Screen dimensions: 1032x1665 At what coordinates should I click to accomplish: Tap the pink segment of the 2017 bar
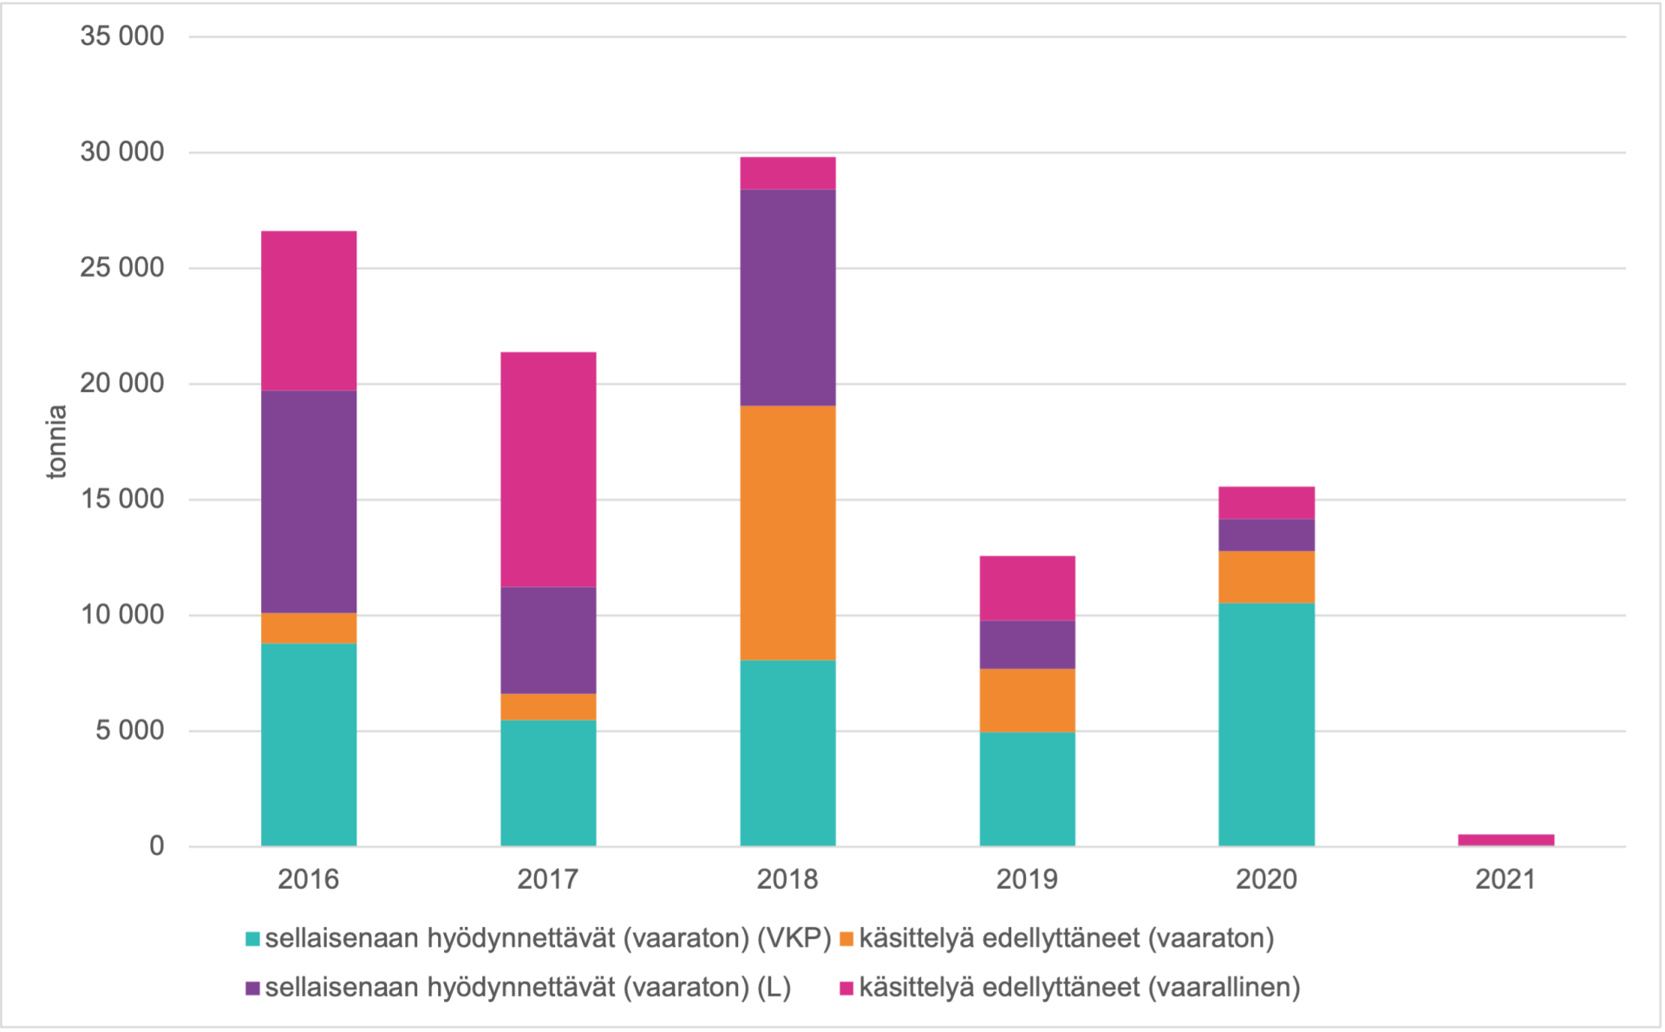(x=548, y=469)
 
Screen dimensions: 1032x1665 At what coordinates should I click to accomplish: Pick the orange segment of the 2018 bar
(x=787, y=532)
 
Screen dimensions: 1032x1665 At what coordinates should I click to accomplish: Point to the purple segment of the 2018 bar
(x=787, y=297)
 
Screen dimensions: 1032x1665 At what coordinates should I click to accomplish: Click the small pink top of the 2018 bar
(x=787, y=173)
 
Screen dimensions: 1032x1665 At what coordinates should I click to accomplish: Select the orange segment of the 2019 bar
(x=1027, y=700)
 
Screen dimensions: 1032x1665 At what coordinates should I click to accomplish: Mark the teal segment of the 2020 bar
(x=1266, y=724)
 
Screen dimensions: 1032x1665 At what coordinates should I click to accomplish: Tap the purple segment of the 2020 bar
(x=1266, y=535)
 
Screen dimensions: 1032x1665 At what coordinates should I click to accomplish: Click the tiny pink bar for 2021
(x=1505, y=839)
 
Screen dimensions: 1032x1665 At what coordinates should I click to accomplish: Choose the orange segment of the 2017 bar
(x=548, y=707)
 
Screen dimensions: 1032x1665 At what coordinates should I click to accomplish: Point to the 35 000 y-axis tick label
(x=122, y=36)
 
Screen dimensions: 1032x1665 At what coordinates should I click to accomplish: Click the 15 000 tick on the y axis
(x=122, y=499)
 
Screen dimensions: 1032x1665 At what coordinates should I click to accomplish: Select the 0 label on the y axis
(x=156, y=846)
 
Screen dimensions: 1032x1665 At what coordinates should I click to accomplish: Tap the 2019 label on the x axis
(x=1027, y=879)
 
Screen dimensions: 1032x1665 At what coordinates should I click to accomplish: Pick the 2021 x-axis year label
(x=1505, y=879)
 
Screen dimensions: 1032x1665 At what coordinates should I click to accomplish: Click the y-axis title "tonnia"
(x=56, y=441)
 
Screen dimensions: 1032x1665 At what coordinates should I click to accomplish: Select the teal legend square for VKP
(x=253, y=939)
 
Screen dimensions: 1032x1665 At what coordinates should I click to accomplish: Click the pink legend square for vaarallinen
(x=847, y=988)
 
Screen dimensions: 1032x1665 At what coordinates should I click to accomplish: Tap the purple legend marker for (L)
(x=253, y=988)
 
